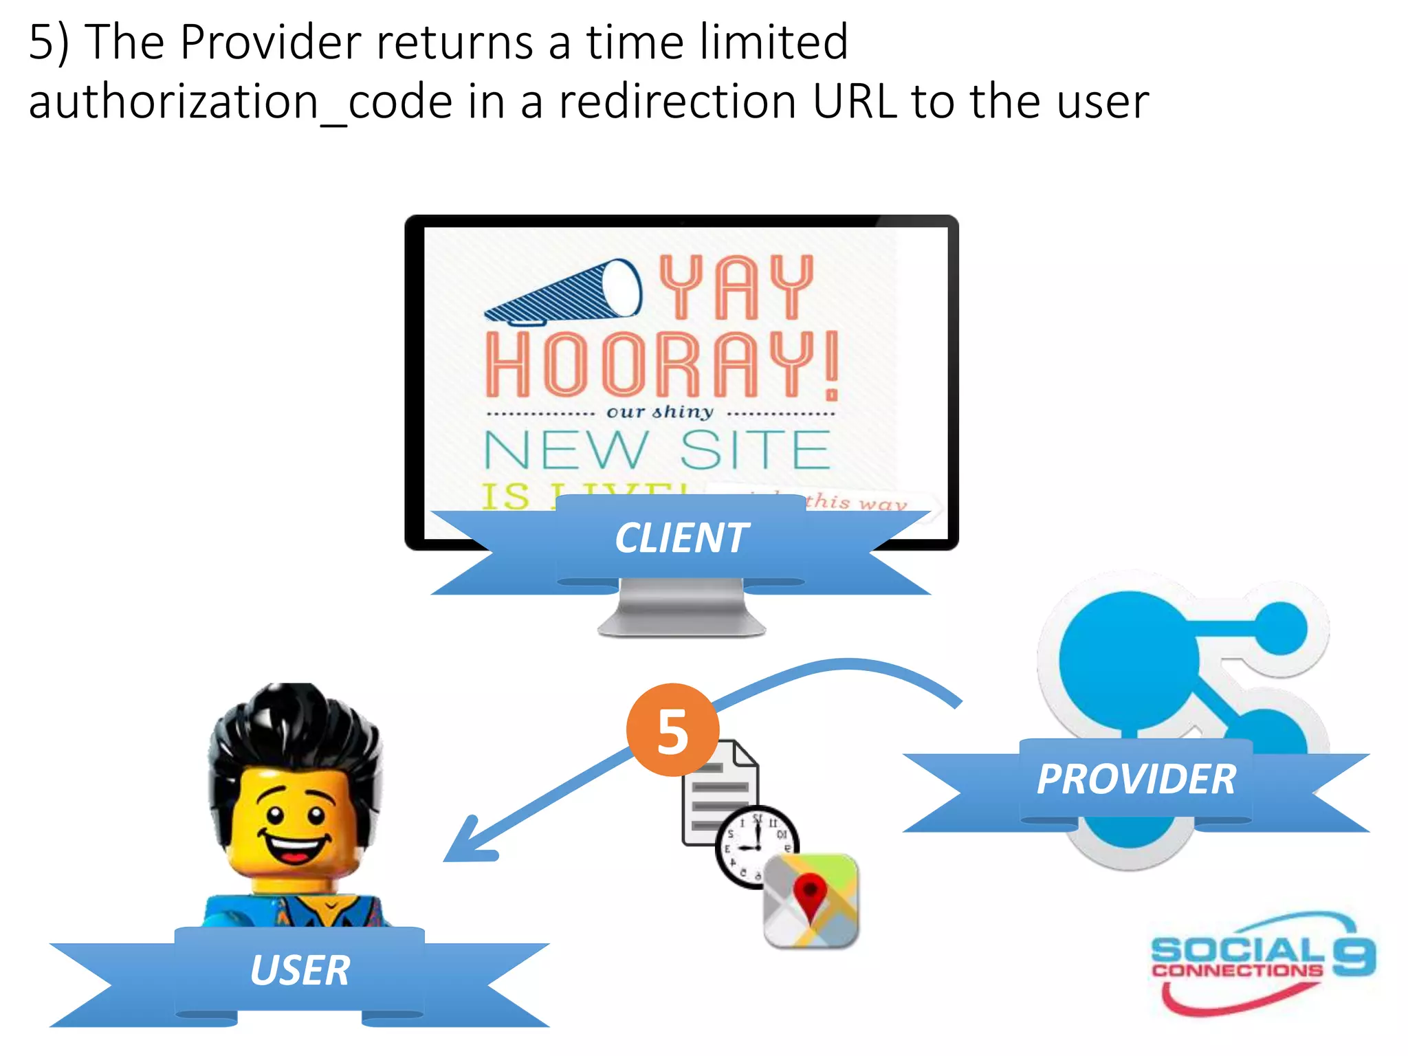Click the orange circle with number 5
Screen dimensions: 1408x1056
click(672, 730)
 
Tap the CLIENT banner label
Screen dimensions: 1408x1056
click(681, 538)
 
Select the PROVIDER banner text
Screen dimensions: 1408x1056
click(1136, 780)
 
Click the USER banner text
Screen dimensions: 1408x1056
click(300, 971)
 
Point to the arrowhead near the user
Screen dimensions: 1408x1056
click(467, 843)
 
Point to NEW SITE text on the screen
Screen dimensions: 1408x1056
click(657, 450)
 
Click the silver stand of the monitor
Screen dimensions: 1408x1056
click(681, 608)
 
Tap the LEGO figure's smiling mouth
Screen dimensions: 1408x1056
click(294, 848)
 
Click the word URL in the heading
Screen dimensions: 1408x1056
click(855, 102)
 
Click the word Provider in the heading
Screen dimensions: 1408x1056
click(270, 43)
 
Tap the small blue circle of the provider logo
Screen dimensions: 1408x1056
click(1281, 628)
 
